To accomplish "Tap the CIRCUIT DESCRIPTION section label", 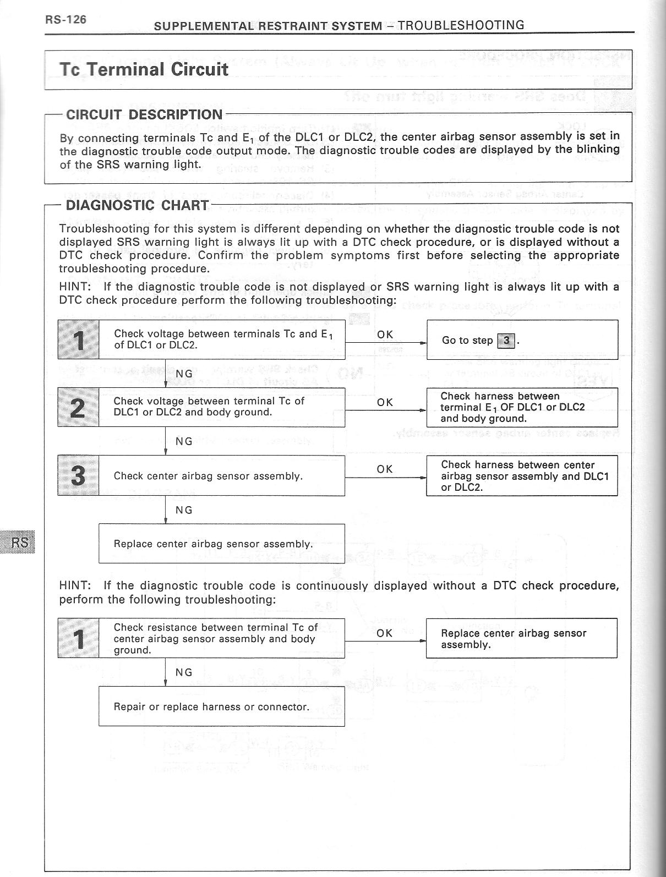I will [144, 114].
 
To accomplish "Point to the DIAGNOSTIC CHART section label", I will [137, 206].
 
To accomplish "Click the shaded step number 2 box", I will [79, 407].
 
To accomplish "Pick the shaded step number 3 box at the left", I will [79, 475].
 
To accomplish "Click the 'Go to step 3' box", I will [522, 340].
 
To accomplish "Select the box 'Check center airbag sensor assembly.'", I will [221, 476].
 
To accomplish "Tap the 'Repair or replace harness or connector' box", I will [221, 706].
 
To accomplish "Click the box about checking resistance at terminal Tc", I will [221, 638].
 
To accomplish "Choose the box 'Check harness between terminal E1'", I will [522, 407].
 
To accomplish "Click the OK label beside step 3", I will [385, 469].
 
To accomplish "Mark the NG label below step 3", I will [184, 510].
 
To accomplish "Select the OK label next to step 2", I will [385, 402].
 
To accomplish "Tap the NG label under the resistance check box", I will [184, 672].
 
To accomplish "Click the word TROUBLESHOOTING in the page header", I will [461, 25].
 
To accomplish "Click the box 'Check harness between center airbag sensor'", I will [522, 476].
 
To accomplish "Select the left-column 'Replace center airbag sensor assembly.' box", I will [221, 544].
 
